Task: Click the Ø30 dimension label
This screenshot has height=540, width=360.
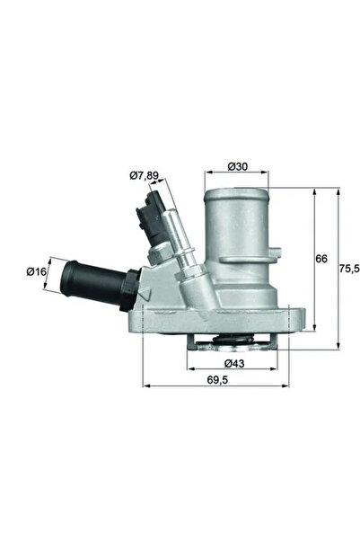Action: [237, 167]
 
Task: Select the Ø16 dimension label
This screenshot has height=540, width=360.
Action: [37, 270]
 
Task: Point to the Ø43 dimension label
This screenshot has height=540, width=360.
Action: [235, 362]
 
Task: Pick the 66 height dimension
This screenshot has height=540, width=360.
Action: [321, 259]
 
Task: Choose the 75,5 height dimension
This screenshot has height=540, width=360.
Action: [344, 267]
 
